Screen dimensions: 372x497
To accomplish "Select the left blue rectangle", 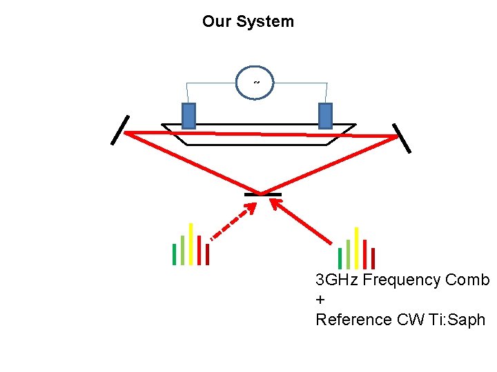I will tap(188, 116).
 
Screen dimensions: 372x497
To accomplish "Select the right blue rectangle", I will tap(325, 116).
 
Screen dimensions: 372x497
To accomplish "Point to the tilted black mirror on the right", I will tap(402, 138).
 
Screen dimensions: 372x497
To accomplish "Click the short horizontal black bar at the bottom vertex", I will tap(263, 195).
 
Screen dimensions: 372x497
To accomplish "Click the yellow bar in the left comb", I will tap(191, 244).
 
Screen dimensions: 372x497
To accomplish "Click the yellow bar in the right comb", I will tap(356, 247).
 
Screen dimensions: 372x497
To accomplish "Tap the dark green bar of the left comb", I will tap(174, 254).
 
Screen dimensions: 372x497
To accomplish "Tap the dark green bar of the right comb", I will tap(340, 258).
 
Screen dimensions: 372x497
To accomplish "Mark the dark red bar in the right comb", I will tap(373, 258).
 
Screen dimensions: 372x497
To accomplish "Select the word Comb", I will tap(467, 280).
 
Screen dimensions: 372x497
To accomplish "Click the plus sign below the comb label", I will tap(320, 300).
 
